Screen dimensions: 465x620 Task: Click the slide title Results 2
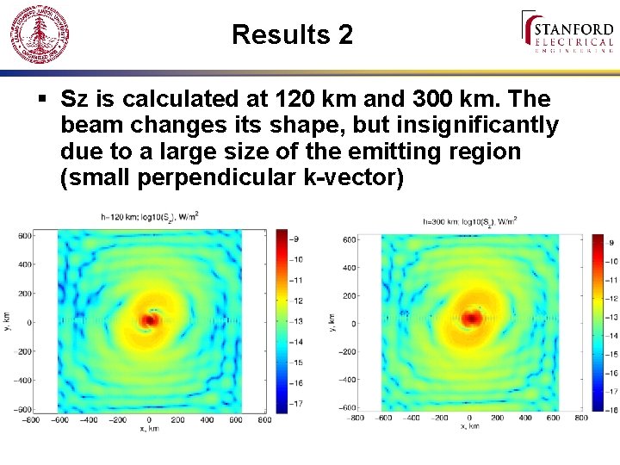coord(292,34)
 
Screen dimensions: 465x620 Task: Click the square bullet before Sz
coord(43,99)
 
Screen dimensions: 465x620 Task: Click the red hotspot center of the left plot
coord(150,320)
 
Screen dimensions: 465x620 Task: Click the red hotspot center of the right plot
coord(472,318)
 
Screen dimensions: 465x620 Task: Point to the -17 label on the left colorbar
coord(295,402)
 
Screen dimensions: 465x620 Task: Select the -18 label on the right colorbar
coord(612,411)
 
